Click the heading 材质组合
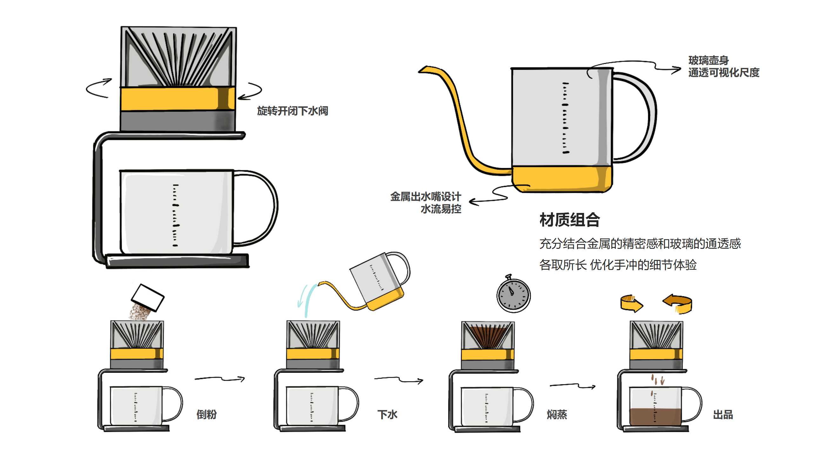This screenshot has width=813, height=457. click(569, 220)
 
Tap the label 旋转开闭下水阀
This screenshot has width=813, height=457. click(292, 111)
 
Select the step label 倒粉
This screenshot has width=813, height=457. click(206, 414)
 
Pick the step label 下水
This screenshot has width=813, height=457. click(387, 414)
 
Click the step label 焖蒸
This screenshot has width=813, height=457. click(557, 414)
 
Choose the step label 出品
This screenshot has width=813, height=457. click(723, 414)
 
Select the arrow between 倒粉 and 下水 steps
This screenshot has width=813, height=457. click(220, 379)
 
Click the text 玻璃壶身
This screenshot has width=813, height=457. click(708, 60)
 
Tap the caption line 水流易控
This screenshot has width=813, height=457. click(441, 209)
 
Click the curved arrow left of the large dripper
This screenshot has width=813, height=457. click(98, 88)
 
